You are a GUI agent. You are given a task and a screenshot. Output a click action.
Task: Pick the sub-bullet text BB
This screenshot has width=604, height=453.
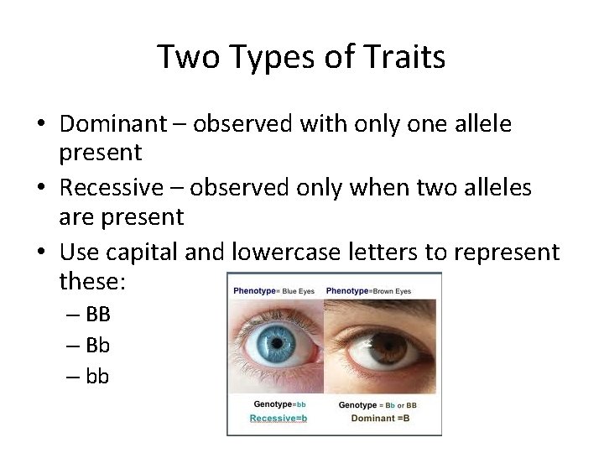click(x=97, y=315)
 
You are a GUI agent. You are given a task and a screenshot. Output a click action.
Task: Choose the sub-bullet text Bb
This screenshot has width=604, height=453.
click(x=97, y=346)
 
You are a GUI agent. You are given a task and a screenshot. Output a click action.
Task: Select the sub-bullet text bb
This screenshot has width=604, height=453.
click(x=97, y=377)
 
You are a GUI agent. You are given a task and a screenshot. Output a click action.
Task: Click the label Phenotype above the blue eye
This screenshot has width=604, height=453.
click(x=255, y=290)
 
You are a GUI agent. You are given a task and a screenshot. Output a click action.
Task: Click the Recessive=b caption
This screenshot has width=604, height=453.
click(x=278, y=418)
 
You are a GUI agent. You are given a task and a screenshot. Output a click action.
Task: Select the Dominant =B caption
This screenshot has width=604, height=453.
click(x=380, y=418)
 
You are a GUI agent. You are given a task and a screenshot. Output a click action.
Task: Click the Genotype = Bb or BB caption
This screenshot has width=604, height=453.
click(x=378, y=405)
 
